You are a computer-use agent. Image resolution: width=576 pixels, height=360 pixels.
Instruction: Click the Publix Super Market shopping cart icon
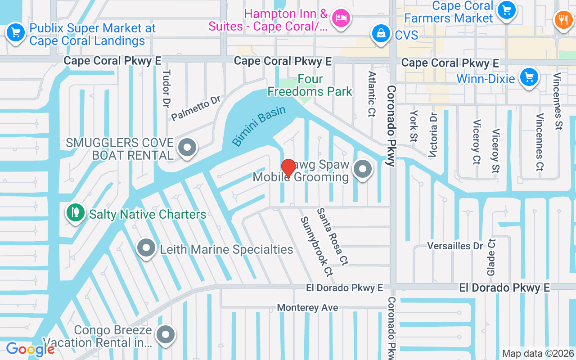click(x=16, y=33)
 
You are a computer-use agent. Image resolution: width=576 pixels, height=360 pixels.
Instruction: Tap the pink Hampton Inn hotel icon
click(x=341, y=18)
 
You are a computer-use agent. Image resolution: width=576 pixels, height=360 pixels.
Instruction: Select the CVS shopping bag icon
click(x=381, y=34)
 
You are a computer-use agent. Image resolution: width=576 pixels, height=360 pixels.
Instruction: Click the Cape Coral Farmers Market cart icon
click(x=507, y=10)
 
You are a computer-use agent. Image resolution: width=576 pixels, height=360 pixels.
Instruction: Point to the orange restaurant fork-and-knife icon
click(x=562, y=20)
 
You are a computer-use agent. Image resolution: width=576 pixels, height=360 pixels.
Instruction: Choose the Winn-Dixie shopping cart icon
click(x=529, y=77)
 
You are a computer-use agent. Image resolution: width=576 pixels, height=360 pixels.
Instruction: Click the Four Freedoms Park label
click(x=310, y=85)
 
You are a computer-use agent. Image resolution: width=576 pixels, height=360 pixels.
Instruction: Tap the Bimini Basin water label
click(x=259, y=126)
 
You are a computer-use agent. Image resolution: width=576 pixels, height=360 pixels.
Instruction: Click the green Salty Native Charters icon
click(x=76, y=212)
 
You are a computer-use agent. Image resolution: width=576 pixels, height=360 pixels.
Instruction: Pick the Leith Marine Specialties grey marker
click(x=146, y=248)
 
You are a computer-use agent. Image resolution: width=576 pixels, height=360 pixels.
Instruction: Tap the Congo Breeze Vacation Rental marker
click(x=166, y=335)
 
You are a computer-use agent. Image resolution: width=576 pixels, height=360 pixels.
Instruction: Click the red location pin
click(x=288, y=168)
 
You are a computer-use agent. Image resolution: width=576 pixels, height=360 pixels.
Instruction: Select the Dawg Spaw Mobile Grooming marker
click(x=362, y=170)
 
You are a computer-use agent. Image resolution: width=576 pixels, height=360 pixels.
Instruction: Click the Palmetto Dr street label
click(x=196, y=108)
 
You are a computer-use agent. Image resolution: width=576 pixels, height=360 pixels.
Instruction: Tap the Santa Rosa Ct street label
click(x=333, y=236)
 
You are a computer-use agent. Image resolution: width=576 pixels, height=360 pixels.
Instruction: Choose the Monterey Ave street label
click(x=307, y=308)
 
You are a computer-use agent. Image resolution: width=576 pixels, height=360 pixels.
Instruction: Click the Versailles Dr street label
click(x=454, y=246)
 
